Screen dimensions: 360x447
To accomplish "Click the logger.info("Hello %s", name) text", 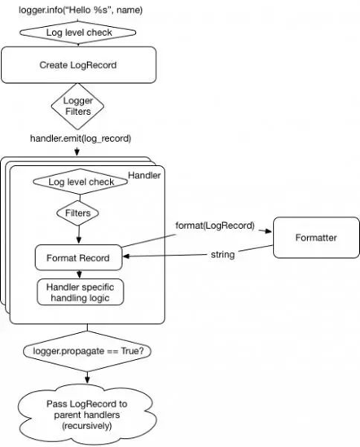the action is pyautogui.click(x=81, y=10).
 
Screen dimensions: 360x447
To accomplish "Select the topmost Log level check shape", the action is pyautogui.click(x=77, y=33).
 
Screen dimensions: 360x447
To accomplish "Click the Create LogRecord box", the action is pyautogui.click(x=78, y=65).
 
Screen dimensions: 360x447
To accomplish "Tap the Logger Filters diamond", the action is pyautogui.click(x=77, y=106).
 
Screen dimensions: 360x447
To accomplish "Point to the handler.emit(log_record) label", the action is pyautogui.click(x=81, y=138).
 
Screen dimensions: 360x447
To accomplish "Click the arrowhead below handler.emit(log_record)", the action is pyautogui.click(x=77, y=152).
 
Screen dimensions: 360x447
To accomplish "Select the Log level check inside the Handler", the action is pyautogui.click(x=80, y=182).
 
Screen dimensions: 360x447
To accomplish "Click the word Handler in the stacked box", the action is pyautogui.click(x=144, y=175).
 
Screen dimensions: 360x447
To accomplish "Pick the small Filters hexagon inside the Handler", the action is pyautogui.click(x=77, y=213).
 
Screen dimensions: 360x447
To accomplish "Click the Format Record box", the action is pyautogui.click(x=78, y=258).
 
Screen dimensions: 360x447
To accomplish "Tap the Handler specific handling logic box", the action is pyautogui.click(x=80, y=292).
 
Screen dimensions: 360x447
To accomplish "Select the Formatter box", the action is pyautogui.click(x=316, y=238).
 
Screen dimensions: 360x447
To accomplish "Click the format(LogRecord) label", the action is pyautogui.click(x=215, y=226).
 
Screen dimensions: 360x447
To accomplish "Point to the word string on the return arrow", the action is pyautogui.click(x=223, y=254).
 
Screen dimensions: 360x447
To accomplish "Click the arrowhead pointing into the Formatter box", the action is pyautogui.click(x=268, y=231).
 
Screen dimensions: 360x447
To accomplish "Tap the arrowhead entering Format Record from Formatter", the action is pyautogui.click(x=125, y=256).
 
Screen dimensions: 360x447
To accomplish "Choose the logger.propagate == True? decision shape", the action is pyautogui.click(x=87, y=351).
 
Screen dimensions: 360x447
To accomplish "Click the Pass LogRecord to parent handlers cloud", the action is pyautogui.click(x=87, y=414).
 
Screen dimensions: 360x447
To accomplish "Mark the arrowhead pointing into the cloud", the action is pyautogui.click(x=87, y=379).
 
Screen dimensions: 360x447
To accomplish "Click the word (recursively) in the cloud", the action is pyautogui.click(x=86, y=426).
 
